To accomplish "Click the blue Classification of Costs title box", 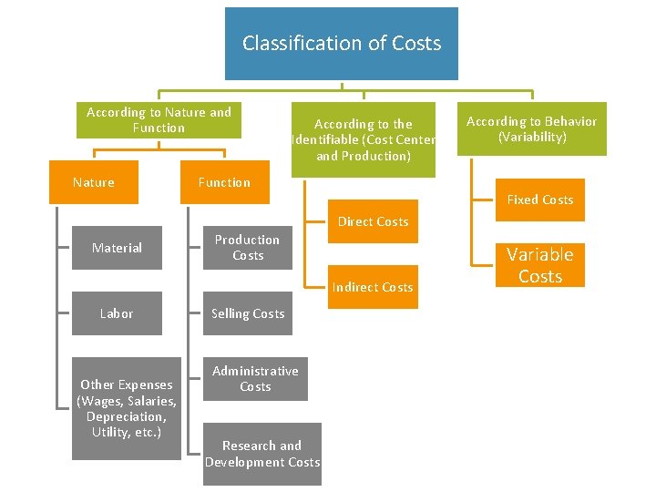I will click(342, 44).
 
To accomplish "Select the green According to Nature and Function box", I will click(159, 120).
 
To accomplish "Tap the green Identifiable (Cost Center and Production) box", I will click(364, 139).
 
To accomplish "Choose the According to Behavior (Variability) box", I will click(531, 129).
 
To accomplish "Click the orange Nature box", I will click(94, 182).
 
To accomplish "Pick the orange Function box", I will click(224, 182).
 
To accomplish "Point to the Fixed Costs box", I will click(540, 200).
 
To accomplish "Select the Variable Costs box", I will click(540, 265).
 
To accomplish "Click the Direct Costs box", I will click(373, 221).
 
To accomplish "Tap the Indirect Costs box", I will click(373, 287).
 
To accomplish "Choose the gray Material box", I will click(117, 248).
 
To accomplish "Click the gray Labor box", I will click(117, 313).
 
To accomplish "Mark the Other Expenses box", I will click(127, 408).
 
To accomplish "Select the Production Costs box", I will click(247, 248).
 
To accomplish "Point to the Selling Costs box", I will click(248, 313).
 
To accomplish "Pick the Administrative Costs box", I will click(255, 379).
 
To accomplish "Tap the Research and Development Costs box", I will click(262, 454).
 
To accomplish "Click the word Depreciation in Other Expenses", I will click(126, 416).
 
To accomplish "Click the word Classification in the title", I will click(287, 44).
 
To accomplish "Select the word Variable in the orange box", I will click(540, 254).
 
